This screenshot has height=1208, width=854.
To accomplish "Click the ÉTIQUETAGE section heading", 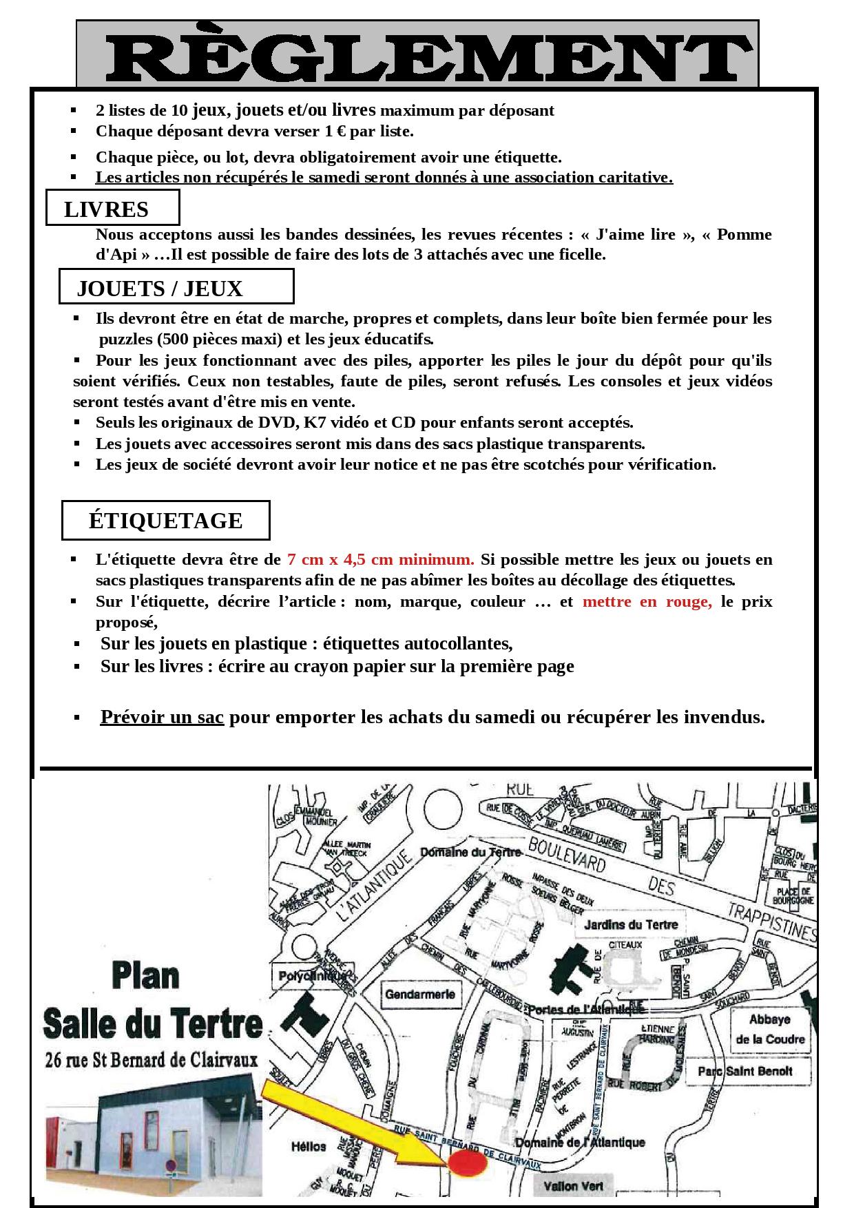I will point(165,521).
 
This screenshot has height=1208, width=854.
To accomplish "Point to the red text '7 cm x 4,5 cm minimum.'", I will point(381,559).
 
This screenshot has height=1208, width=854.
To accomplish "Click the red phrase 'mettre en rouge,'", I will point(647,602).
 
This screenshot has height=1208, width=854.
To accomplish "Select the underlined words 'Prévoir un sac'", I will point(162,717).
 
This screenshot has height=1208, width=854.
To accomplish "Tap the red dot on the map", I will point(468,1163).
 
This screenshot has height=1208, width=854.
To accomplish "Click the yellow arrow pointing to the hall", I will point(358,1123).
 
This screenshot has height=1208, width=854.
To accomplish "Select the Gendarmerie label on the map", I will point(420,994).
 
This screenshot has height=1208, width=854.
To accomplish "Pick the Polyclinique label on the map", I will point(309,976).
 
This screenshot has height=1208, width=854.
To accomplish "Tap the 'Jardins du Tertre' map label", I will point(631,925).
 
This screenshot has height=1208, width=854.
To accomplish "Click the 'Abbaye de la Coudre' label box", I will point(769,1029).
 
